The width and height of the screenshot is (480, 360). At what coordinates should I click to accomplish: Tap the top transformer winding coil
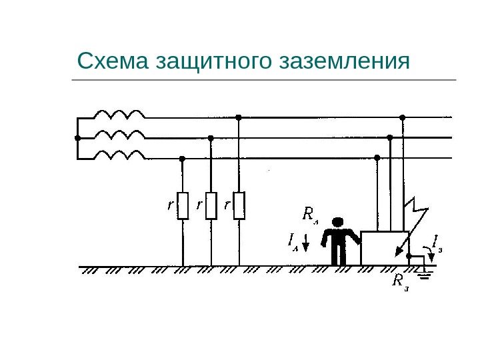pyautogui.click(x=120, y=114)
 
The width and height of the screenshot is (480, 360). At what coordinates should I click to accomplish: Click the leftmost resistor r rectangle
pyautogui.click(x=183, y=206)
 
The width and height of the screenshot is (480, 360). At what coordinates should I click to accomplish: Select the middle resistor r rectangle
pyautogui.click(x=211, y=206)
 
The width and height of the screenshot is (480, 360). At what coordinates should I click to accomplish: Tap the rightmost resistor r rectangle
pyautogui.click(x=239, y=206)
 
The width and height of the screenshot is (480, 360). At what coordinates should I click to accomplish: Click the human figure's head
pyautogui.click(x=339, y=221)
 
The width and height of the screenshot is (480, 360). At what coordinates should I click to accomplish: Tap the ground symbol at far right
pyautogui.click(x=425, y=271)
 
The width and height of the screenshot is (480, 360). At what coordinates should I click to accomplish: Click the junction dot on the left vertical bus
pyautogui.click(x=77, y=138)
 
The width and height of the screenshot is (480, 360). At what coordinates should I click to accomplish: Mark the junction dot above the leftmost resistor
pyautogui.click(x=183, y=159)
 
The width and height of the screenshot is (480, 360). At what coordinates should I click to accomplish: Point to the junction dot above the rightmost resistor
pyautogui.click(x=239, y=117)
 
